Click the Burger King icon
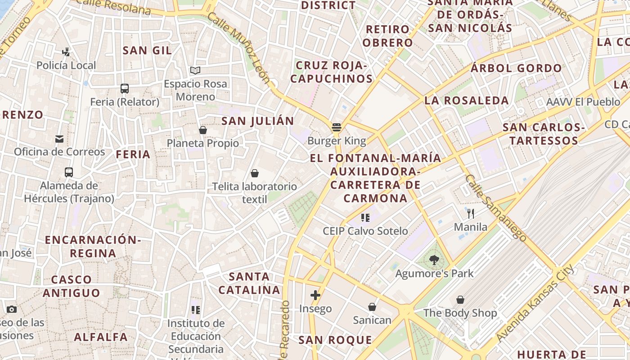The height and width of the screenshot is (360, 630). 337,127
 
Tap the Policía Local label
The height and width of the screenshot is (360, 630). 66,65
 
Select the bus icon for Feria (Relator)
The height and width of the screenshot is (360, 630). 125,89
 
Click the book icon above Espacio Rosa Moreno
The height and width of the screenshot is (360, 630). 195,71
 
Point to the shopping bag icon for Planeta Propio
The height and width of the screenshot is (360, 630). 203,130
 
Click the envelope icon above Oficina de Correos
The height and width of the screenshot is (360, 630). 59,139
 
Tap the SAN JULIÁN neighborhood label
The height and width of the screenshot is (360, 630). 258,121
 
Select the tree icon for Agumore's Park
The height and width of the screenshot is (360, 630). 434,260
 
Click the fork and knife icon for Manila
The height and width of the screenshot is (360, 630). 471,213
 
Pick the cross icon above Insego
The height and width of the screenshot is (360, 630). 315,295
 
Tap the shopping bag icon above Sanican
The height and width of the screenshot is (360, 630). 372,307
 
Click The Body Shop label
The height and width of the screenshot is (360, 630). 460,313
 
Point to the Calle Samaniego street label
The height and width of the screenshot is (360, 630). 496,208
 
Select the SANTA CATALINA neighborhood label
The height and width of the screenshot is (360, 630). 249,283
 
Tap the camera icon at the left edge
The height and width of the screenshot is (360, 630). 12,309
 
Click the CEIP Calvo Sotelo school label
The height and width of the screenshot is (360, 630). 365,231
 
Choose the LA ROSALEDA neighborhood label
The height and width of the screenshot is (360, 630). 467,100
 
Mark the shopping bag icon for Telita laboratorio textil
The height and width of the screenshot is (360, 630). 255,173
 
